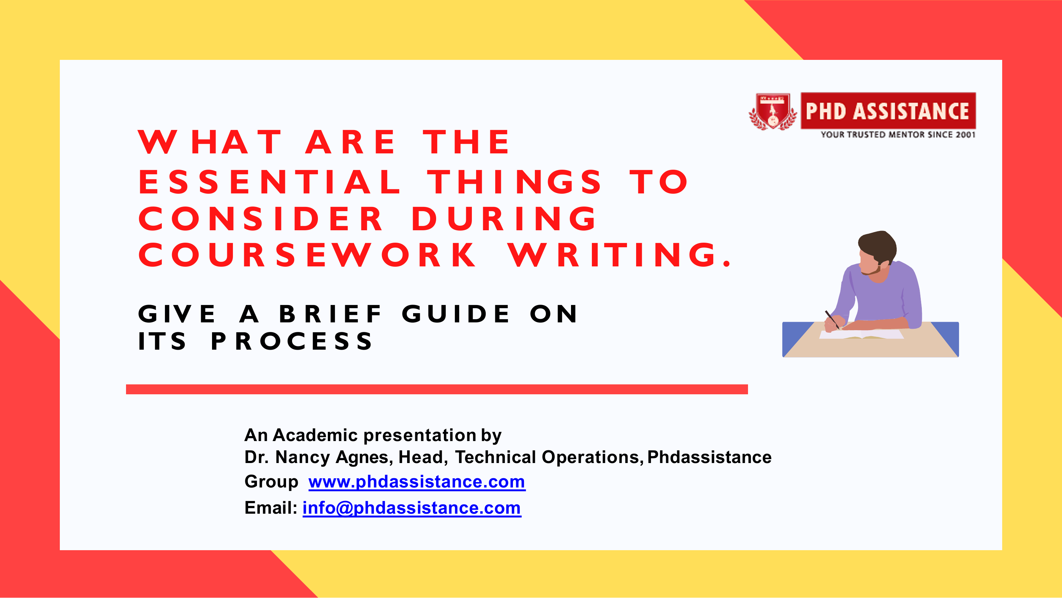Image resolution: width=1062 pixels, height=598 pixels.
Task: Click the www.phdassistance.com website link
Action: (417, 481)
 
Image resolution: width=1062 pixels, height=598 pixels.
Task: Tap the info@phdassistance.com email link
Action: (412, 508)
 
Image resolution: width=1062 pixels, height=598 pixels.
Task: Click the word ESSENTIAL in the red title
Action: (270, 182)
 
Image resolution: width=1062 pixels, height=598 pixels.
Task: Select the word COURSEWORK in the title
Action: (307, 255)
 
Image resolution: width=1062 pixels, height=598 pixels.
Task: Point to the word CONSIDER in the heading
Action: (261, 218)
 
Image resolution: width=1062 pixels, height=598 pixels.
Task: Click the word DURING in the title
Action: (504, 218)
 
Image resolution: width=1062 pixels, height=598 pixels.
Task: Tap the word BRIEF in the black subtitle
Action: (331, 314)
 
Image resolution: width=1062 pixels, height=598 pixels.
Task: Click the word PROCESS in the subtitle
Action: (292, 341)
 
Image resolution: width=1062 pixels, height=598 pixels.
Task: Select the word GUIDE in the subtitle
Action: (456, 314)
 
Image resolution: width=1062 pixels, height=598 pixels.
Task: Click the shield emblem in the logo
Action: (772, 112)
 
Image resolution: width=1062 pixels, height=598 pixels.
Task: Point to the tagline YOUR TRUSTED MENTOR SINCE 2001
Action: (898, 135)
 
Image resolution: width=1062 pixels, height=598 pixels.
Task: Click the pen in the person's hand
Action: (832, 320)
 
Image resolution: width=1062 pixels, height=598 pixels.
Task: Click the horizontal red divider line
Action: (437, 389)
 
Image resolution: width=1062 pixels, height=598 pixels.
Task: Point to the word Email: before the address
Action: (271, 508)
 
